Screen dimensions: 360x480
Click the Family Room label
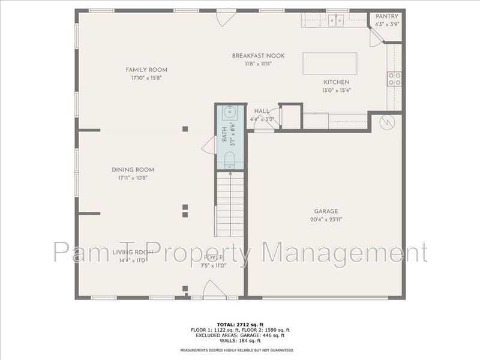pyautogui.click(x=146, y=70)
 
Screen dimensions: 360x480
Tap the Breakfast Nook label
pyautogui.click(x=258, y=56)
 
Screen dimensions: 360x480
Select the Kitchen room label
pyautogui.click(x=337, y=82)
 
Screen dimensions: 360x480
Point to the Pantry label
pyautogui.click(x=387, y=16)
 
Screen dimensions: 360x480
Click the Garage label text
pyautogui.click(x=326, y=211)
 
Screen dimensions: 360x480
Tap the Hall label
pyautogui.click(x=262, y=112)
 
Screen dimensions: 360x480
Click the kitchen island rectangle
pyautogui.click(x=330, y=62)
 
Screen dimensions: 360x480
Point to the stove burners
pyautogui.click(x=394, y=79)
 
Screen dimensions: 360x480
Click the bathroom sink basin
pyautogui.click(x=231, y=112)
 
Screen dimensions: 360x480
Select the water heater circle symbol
pyautogui.click(x=386, y=122)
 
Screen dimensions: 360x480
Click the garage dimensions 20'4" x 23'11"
pyautogui.click(x=326, y=220)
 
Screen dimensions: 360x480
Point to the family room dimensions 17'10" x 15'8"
pyautogui.click(x=146, y=78)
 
